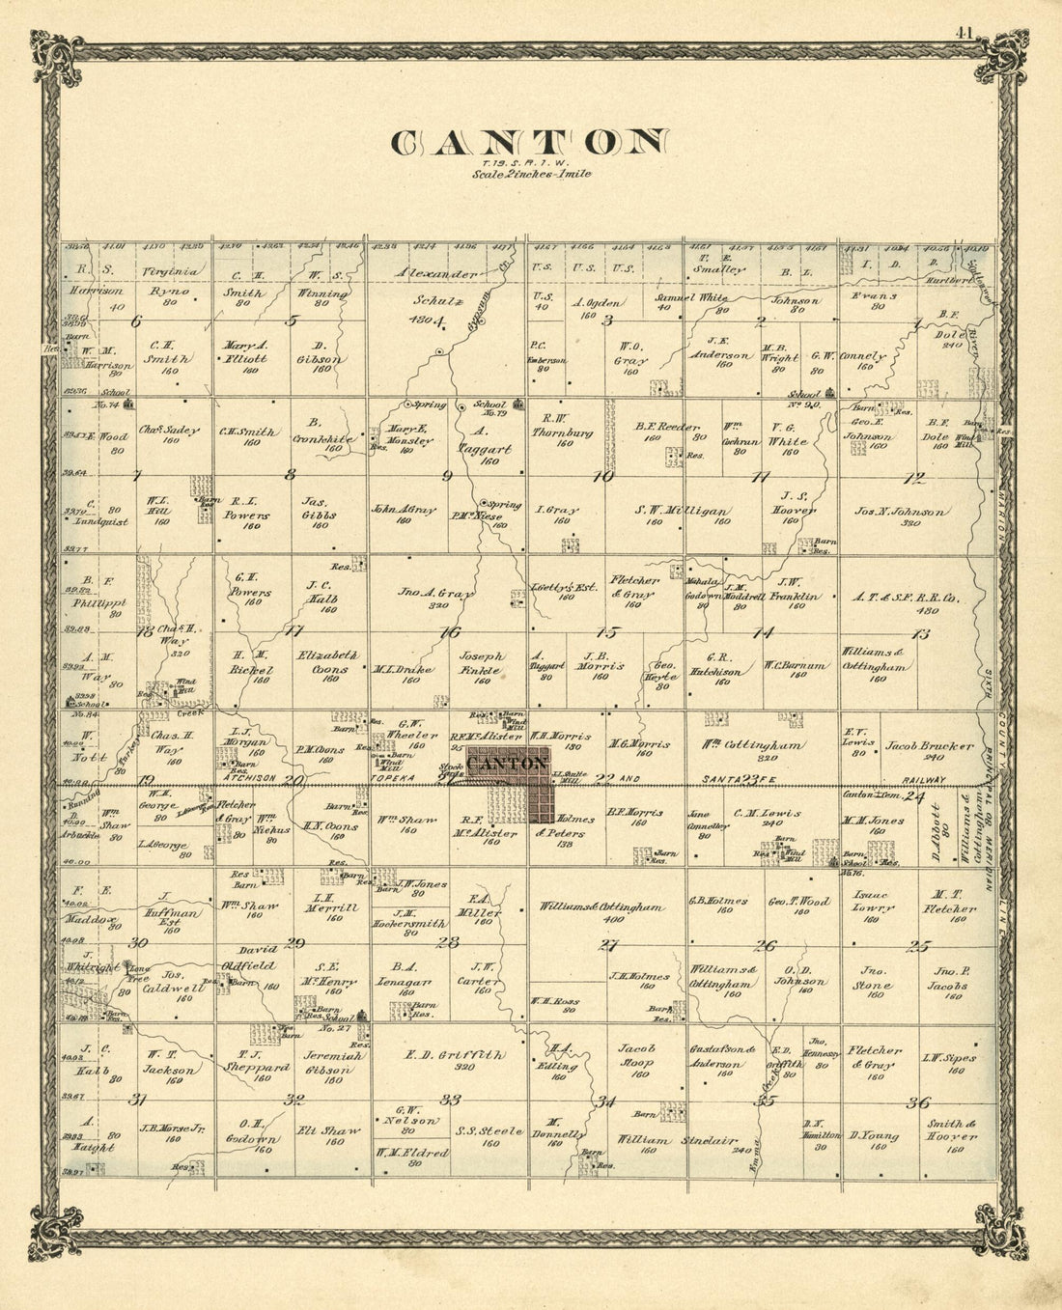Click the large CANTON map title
point(529,143)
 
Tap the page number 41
point(963,33)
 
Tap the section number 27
point(608,945)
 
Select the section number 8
point(290,475)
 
